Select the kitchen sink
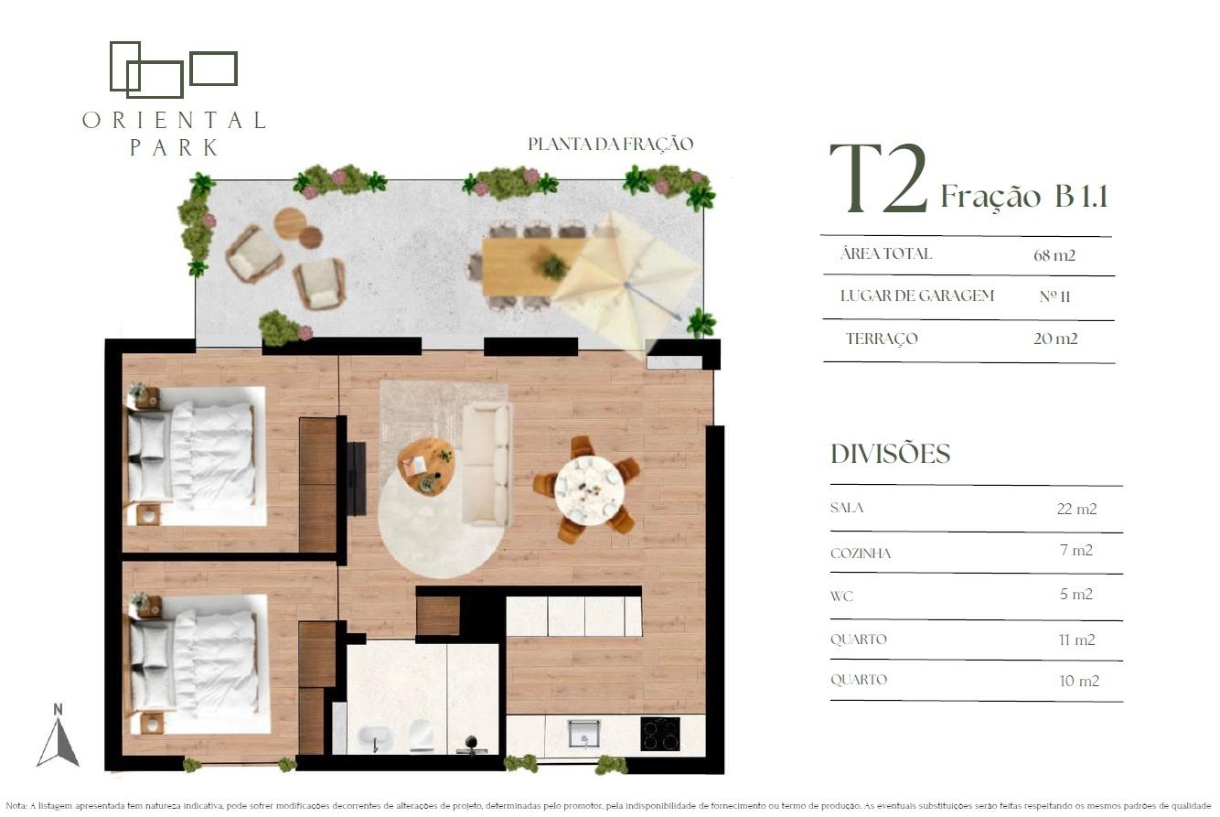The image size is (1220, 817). [x=583, y=733]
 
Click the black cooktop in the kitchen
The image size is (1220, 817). [x=660, y=734]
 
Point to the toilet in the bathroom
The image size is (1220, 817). [x=421, y=736]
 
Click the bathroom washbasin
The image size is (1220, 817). [x=375, y=739]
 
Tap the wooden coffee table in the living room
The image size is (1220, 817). [x=425, y=467]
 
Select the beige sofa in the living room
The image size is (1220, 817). [x=487, y=465]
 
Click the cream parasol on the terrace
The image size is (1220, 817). [x=626, y=284]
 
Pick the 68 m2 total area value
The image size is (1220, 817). [x=1054, y=255]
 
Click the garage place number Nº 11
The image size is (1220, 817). [x=1055, y=296]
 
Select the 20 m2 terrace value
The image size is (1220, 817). [x=1055, y=339]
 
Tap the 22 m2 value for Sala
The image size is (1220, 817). [x=1076, y=509]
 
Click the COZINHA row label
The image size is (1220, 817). [x=861, y=554]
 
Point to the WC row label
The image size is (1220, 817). [x=841, y=597]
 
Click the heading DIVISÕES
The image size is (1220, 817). [x=891, y=454]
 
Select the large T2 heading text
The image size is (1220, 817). [x=878, y=178]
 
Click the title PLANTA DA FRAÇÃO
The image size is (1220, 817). [x=611, y=144]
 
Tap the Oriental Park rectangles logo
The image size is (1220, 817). [x=174, y=70]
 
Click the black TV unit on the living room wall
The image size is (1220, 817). [x=356, y=478]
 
